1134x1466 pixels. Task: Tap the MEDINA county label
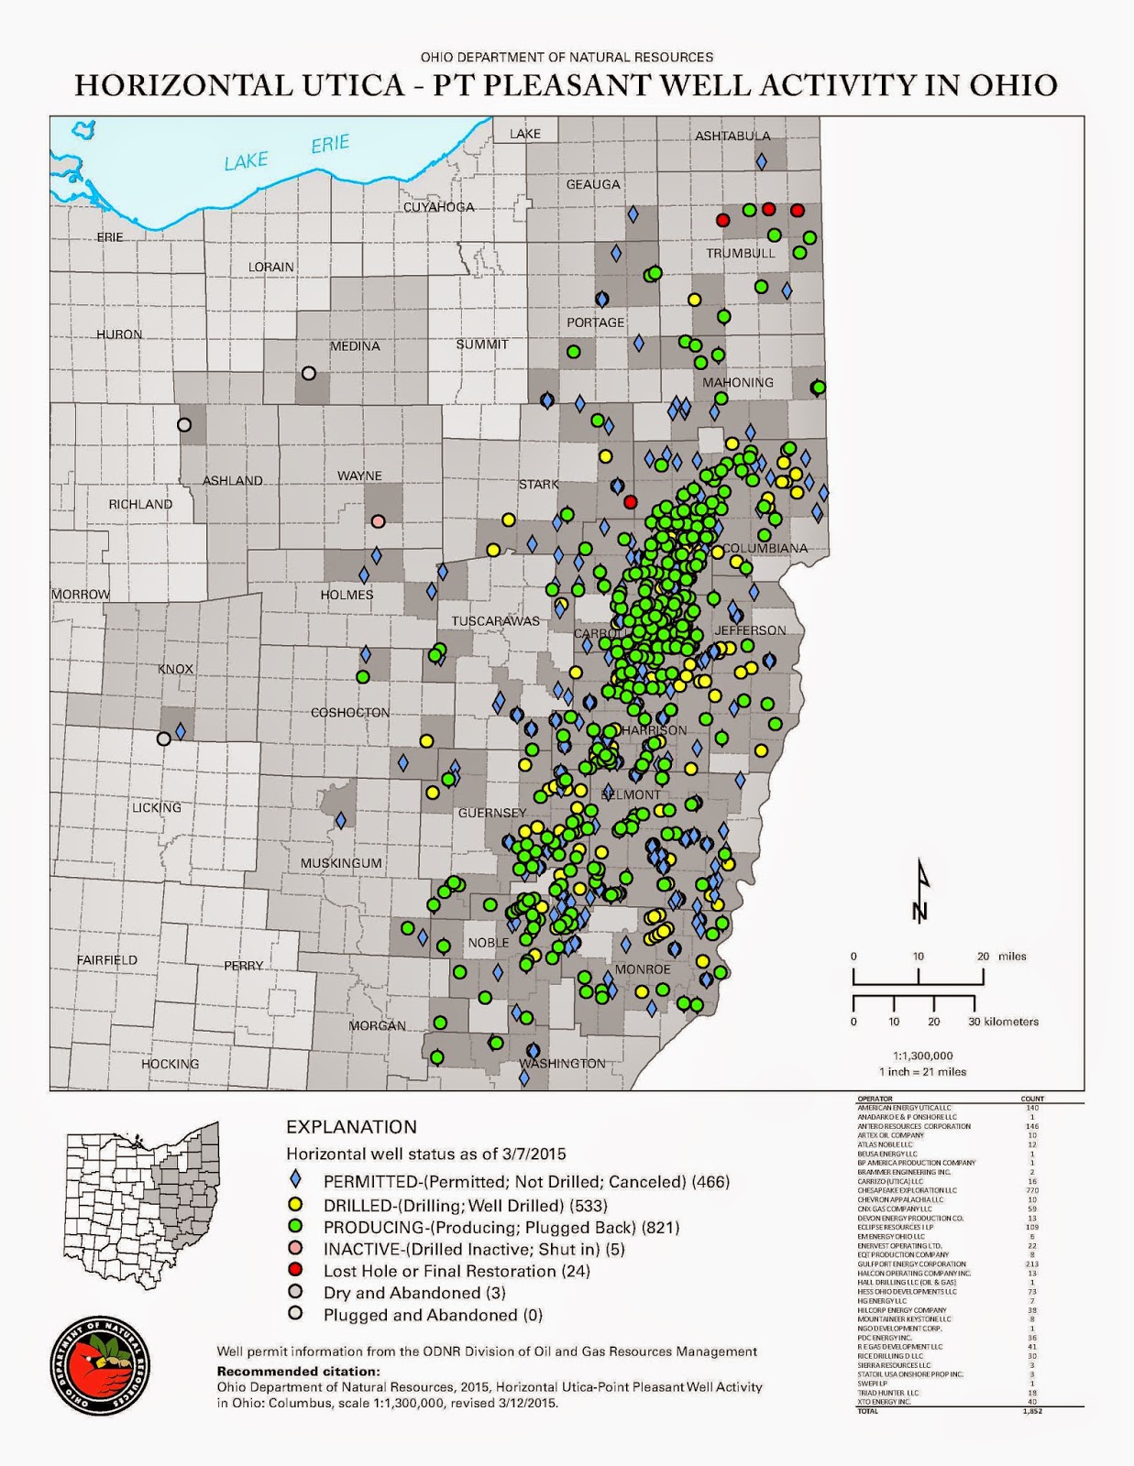pos(355,346)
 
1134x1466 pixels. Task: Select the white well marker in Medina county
pos(309,373)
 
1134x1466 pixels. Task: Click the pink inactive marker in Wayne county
pos(378,521)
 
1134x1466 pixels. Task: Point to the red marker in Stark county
pos(630,502)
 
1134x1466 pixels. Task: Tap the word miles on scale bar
pos(1012,957)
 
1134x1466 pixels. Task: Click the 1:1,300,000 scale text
pos(922,1056)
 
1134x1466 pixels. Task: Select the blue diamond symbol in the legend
pos(295,1181)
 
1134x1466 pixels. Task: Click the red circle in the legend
pos(295,1271)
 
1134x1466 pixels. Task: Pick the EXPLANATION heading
pos(351,1127)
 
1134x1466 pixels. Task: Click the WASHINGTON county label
pos(563,1064)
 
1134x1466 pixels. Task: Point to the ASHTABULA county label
pos(732,137)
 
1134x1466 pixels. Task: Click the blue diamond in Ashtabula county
pos(761,161)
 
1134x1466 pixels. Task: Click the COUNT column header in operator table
pos(1031,1099)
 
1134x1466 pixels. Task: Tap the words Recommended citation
pos(298,1372)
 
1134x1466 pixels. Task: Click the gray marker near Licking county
pos(164,738)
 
